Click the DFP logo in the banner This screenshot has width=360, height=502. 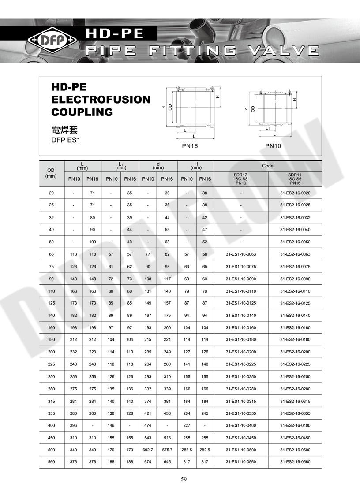pyautogui.click(x=52, y=41)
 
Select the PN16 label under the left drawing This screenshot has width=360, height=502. pyautogui.click(x=191, y=145)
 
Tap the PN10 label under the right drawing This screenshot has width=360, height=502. pyautogui.click(x=274, y=145)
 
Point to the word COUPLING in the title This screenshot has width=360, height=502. pyautogui.click(x=82, y=112)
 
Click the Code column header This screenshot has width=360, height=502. pyautogui.click(x=268, y=166)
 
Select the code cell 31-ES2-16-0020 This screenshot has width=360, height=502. pyautogui.click(x=295, y=193)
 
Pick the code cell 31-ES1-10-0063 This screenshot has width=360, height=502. pyautogui.click(x=241, y=254)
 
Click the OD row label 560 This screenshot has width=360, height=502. pyautogui.click(x=52, y=462)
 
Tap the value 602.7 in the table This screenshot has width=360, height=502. pyautogui.click(x=148, y=450)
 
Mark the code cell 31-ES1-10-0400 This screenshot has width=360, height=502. pyautogui.click(x=241, y=425)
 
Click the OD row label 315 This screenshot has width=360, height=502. pyautogui.click(x=52, y=401)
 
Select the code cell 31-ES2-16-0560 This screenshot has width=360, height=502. pyautogui.click(x=295, y=462)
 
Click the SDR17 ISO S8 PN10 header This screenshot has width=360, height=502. pyautogui.click(x=241, y=179)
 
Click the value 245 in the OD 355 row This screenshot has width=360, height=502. pyautogui.click(x=205, y=413)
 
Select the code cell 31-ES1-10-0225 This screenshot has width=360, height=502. pyautogui.click(x=241, y=364)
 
